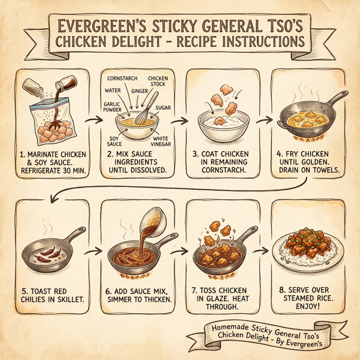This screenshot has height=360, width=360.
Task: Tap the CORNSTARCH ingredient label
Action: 123,79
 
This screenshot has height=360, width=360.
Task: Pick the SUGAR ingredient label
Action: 164,108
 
